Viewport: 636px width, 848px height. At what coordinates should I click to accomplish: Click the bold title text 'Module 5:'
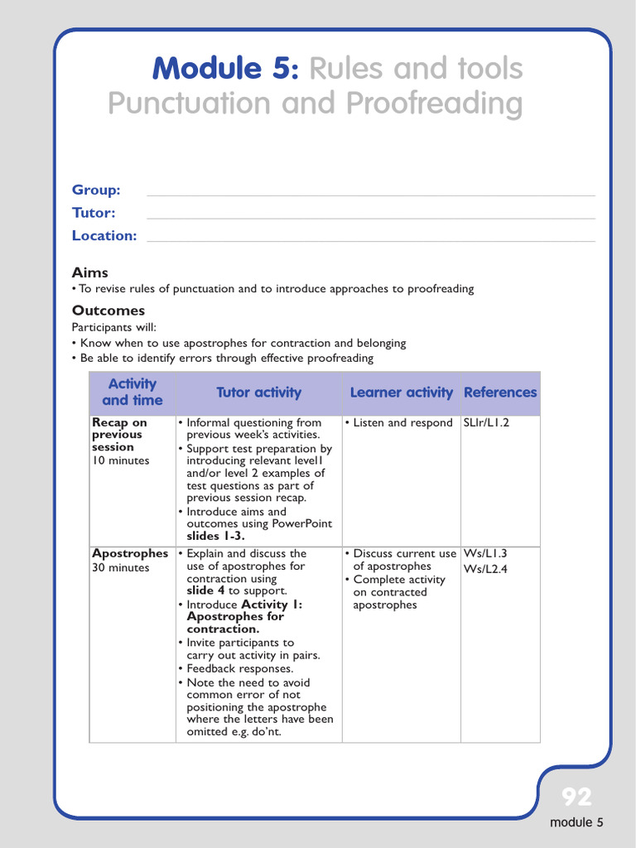click(x=226, y=69)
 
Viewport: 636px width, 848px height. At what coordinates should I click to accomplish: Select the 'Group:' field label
click(x=96, y=190)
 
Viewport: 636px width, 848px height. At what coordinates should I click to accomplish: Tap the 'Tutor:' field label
click(x=93, y=213)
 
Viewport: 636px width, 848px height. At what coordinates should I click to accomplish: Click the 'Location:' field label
click(x=104, y=236)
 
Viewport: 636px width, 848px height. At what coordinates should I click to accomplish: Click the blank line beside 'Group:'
click(x=370, y=195)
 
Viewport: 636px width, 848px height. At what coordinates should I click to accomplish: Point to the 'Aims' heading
click(x=89, y=272)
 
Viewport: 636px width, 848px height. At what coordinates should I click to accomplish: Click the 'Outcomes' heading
click(x=108, y=311)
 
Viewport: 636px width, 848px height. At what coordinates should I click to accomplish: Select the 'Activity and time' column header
click(x=132, y=393)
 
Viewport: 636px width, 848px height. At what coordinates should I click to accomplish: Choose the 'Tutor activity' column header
click(x=258, y=393)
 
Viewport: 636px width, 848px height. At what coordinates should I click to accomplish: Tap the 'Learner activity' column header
click(x=402, y=393)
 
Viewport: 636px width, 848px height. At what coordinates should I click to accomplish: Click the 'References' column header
click(x=500, y=393)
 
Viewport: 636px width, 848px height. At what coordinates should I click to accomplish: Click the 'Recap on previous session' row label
click(x=119, y=435)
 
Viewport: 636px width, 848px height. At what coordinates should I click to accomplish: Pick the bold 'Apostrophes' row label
click(x=130, y=553)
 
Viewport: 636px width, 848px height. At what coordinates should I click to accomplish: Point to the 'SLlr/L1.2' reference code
click(x=486, y=423)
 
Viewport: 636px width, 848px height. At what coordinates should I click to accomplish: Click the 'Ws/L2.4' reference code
click(x=485, y=568)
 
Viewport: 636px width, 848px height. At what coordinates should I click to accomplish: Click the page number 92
click(x=576, y=797)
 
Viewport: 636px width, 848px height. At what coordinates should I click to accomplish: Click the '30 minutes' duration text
click(x=121, y=568)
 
